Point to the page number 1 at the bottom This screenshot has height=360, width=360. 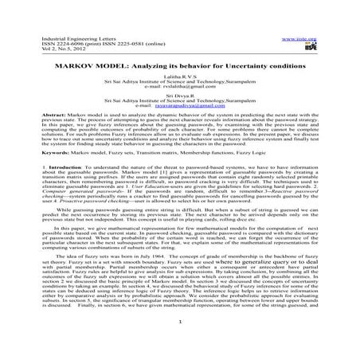pyautogui.click(x=180, y=343)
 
